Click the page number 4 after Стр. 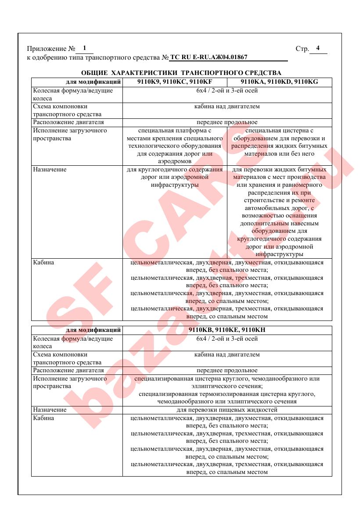pyautogui.click(x=318, y=48)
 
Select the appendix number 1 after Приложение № pyautogui.click(x=84, y=48)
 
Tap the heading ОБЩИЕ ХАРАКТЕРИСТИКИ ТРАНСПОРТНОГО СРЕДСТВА pyautogui.click(x=181, y=73)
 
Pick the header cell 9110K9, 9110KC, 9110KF pyautogui.click(x=175, y=82)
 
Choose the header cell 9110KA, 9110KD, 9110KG pyautogui.click(x=279, y=82)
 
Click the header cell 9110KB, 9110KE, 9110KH pyautogui.click(x=227, y=330)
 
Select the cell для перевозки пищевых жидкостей pyautogui.click(x=227, y=410)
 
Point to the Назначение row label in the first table pyautogui.click(x=50, y=169)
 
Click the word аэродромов pyautogui.click(x=175, y=161)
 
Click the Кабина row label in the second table pyautogui.click(x=44, y=418)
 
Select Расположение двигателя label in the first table pyautogui.click(x=68, y=122)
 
